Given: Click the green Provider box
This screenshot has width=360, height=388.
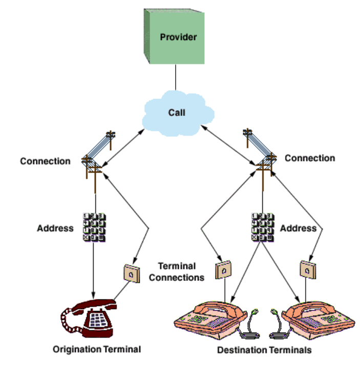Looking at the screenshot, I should [174, 37].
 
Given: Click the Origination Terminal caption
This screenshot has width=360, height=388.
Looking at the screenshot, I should [97, 350].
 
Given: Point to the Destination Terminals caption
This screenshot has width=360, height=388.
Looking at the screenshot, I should [264, 351].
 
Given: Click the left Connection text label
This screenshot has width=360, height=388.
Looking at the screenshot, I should [45, 161].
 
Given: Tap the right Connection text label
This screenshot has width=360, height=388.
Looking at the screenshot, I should [310, 158].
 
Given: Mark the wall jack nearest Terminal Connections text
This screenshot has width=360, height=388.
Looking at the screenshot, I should [223, 270].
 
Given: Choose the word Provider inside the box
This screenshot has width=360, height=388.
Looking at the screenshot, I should [178, 37].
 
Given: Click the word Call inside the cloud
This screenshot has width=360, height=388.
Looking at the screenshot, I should [177, 113].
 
